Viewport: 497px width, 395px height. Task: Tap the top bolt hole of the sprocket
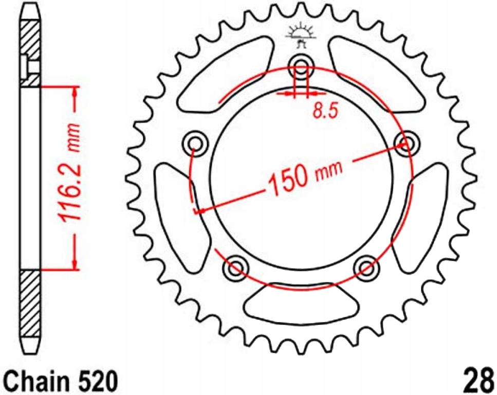(x=301, y=65)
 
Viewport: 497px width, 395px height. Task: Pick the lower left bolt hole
(x=235, y=266)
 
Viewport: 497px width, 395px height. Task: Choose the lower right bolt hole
(x=366, y=266)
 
